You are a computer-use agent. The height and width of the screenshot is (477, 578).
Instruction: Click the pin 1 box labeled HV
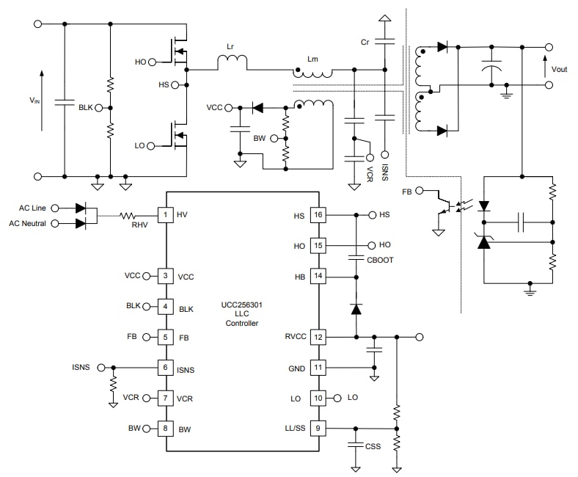(166, 214)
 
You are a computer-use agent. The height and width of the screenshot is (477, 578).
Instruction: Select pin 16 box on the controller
(318, 215)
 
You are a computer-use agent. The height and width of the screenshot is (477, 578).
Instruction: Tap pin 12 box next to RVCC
(318, 337)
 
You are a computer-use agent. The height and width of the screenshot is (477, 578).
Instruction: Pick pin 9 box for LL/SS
(318, 428)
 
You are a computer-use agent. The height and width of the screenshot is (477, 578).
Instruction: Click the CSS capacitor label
(373, 445)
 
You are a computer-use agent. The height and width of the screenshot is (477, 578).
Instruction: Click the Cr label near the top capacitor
(365, 42)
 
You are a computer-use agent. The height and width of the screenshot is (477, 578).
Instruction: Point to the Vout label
(560, 69)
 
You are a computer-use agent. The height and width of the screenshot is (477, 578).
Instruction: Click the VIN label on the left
(34, 100)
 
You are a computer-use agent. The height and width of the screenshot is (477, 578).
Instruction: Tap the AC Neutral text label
(28, 223)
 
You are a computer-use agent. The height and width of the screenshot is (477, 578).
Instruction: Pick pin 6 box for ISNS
(166, 367)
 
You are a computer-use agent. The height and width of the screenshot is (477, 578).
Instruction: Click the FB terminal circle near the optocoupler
(420, 192)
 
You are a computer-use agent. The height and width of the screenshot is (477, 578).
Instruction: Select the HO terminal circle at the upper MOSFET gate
(151, 62)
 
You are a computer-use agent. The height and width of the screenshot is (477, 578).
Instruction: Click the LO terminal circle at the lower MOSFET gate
(151, 146)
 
